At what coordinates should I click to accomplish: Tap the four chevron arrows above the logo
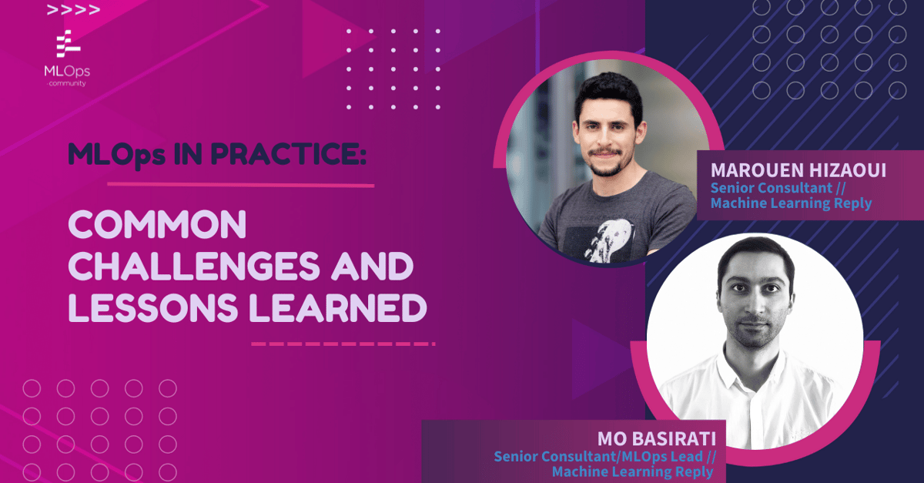(73, 11)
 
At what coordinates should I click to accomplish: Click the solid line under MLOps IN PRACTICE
(240, 185)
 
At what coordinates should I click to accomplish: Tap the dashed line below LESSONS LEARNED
(343, 344)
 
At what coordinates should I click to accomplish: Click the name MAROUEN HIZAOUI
(798, 169)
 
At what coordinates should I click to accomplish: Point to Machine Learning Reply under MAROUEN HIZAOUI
(791, 203)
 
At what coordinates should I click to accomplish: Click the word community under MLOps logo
(66, 83)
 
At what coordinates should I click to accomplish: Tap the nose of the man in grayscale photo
(754, 303)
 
